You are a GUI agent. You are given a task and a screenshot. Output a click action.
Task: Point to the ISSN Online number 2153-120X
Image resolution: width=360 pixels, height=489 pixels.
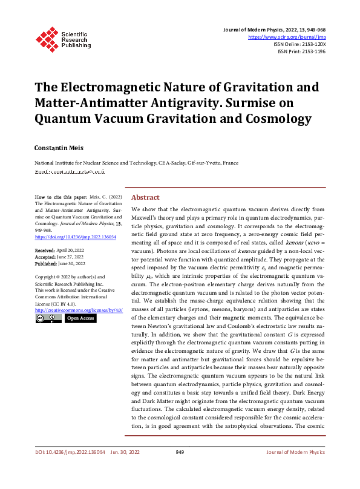pyautogui.click(x=312, y=44)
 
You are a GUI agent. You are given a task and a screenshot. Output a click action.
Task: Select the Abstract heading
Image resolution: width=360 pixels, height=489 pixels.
pyautogui.click(x=145, y=197)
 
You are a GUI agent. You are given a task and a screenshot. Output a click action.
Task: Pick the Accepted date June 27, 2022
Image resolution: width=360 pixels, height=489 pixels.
pyautogui.click(x=71, y=256)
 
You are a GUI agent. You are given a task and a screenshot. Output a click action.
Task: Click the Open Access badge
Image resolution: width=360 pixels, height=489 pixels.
pyautogui.click(x=80, y=318)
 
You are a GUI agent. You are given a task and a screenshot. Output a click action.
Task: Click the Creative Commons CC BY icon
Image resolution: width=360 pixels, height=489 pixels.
pyautogui.click(x=48, y=318)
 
